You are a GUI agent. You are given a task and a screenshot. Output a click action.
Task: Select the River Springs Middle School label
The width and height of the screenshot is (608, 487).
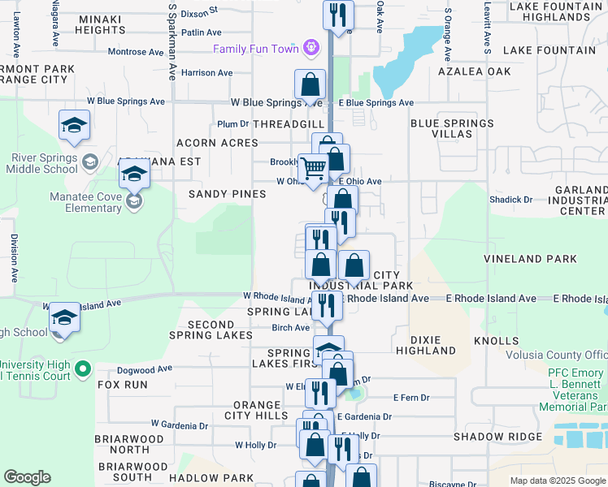tap(40, 163)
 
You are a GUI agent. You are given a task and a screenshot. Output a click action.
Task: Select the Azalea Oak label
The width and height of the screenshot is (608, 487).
tap(476, 71)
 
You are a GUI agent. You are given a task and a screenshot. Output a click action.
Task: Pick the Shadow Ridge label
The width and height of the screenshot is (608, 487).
tap(497, 437)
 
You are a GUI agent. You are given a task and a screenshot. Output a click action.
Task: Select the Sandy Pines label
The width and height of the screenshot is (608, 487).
tap(228, 194)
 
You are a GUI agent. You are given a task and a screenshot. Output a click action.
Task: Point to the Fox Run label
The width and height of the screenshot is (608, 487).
tap(123, 385)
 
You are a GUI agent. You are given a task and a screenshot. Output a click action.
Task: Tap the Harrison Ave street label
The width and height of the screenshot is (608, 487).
tap(207, 73)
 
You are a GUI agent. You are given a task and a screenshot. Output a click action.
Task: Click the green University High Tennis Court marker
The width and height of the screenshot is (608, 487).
tap(82, 370)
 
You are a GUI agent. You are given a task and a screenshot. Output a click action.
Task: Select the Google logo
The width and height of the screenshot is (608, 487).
tap(27, 477)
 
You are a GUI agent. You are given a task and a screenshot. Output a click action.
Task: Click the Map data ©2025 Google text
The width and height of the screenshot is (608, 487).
tap(557, 481)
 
